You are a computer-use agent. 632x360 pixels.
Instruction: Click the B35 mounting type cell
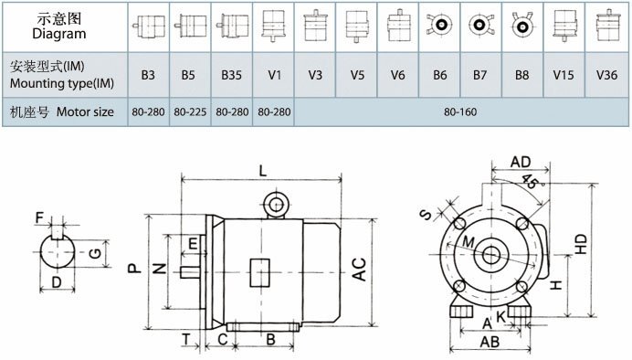click(x=232, y=75)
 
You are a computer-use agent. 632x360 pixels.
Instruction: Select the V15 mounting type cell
click(x=564, y=75)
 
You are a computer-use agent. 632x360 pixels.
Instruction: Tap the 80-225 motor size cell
click(x=190, y=111)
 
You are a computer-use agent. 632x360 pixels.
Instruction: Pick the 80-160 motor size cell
click(x=460, y=111)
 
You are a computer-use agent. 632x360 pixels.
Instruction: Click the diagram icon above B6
click(x=439, y=25)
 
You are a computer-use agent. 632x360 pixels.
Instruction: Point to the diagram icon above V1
click(x=274, y=25)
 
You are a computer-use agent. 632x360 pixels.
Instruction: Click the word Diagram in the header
click(x=59, y=34)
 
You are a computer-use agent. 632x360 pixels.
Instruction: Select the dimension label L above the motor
click(x=263, y=171)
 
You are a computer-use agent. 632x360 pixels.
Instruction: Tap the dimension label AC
click(x=359, y=270)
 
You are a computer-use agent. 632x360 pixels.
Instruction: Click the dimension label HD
click(x=581, y=244)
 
